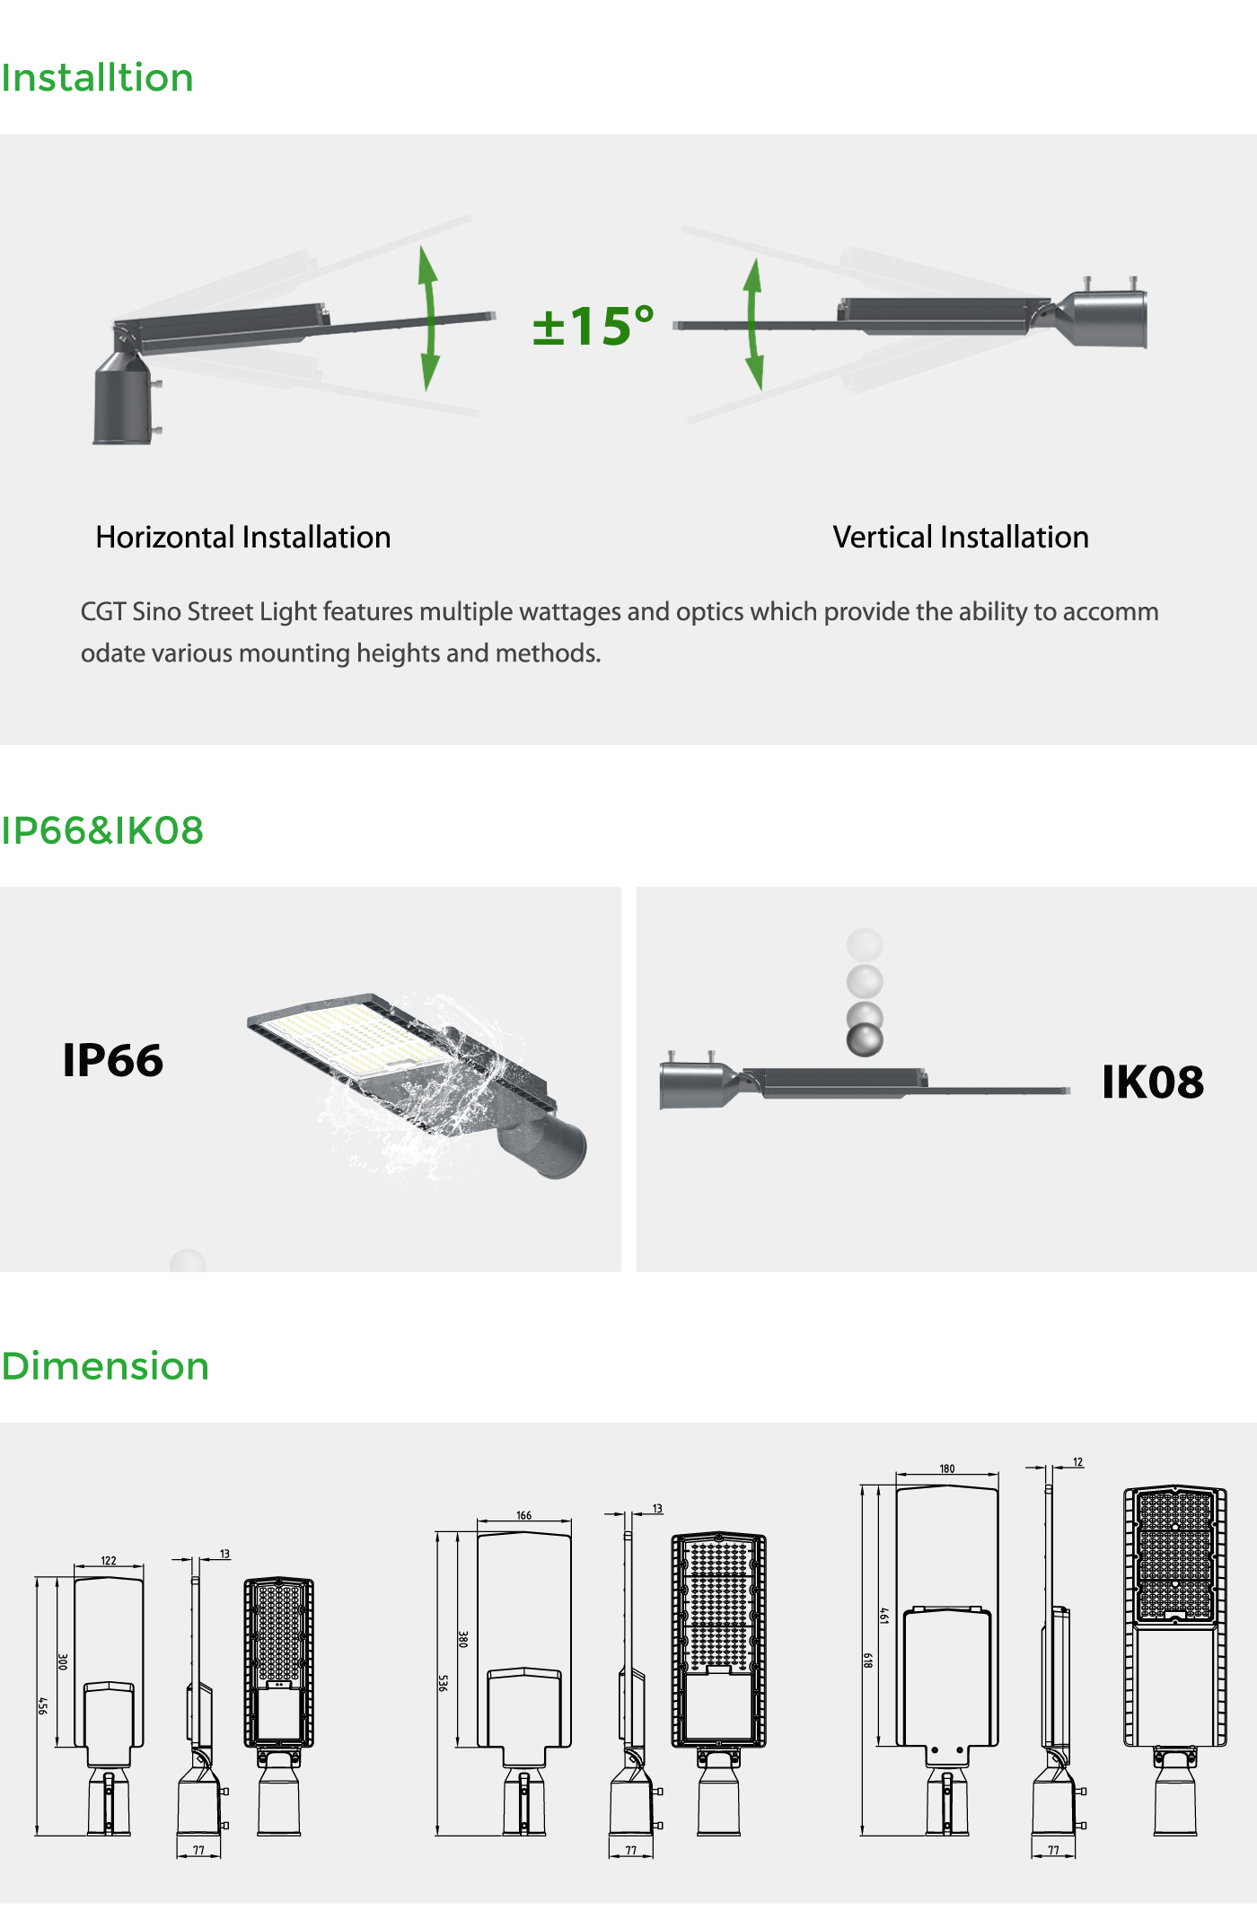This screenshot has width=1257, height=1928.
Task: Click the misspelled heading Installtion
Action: tap(97, 78)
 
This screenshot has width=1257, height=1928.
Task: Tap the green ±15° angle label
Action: tap(593, 325)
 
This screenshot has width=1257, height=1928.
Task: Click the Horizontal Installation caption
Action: tap(243, 537)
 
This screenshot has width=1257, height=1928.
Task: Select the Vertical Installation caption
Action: tap(961, 537)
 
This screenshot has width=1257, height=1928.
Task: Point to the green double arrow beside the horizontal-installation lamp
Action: tap(429, 318)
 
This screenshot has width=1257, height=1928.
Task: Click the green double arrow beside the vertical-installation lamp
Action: tap(753, 324)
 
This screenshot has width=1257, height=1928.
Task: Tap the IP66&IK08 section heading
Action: tap(102, 830)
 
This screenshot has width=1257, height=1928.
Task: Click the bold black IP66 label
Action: tap(113, 1060)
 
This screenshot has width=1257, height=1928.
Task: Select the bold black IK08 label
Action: tap(1153, 1082)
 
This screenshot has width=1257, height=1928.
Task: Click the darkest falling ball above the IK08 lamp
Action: tap(865, 1039)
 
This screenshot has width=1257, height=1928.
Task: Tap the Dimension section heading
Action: tap(105, 1366)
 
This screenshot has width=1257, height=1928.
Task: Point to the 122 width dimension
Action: tap(109, 1560)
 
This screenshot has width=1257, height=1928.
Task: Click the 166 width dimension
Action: tap(524, 1515)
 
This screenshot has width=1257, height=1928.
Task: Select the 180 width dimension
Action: tap(947, 1468)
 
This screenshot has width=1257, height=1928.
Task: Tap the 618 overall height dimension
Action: tap(868, 1661)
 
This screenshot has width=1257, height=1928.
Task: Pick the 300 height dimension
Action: tap(63, 1661)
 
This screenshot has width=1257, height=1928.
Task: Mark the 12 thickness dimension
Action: tap(1078, 1462)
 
